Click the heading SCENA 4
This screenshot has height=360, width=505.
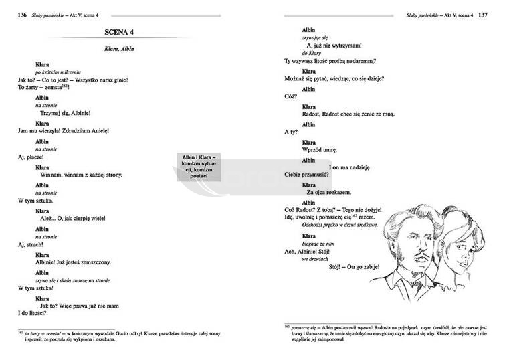(x=125, y=32)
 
